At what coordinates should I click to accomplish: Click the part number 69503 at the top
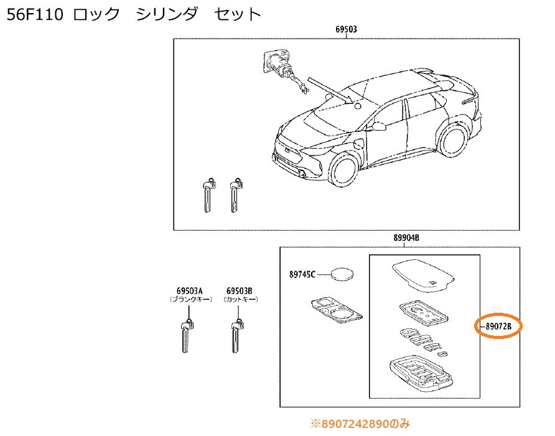(x=346, y=29)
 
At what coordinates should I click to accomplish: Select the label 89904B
(x=406, y=238)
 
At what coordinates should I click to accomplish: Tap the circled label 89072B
(x=498, y=327)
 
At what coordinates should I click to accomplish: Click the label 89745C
(x=302, y=274)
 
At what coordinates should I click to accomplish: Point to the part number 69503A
(x=190, y=291)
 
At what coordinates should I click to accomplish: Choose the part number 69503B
(x=240, y=291)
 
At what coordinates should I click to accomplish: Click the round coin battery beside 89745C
(x=342, y=274)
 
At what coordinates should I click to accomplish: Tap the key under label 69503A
(x=187, y=336)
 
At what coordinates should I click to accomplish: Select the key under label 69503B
(x=236, y=336)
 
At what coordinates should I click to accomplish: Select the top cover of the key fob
(x=423, y=276)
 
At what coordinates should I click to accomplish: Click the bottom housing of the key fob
(x=421, y=374)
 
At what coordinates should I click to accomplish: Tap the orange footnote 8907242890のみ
(x=360, y=424)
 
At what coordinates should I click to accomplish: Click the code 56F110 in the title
(x=35, y=14)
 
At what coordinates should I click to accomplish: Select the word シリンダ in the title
(x=167, y=14)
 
